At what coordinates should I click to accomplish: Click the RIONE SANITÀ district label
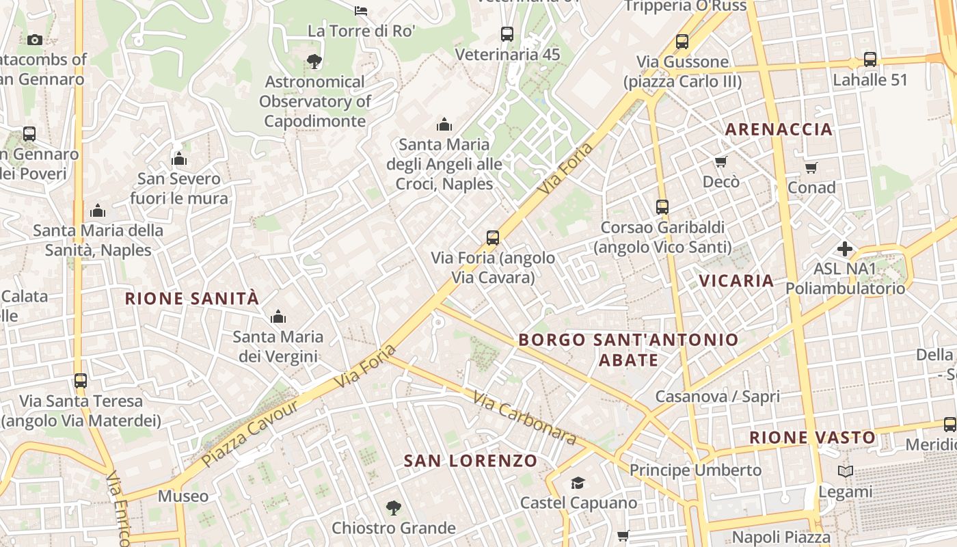(x=192, y=299)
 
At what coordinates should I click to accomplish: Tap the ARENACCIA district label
(x=779, y=129)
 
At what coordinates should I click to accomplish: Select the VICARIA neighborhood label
(x=736, y=280)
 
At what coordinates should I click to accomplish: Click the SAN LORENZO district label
(x=470, y=461)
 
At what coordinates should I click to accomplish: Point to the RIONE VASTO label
(x=812, y=438)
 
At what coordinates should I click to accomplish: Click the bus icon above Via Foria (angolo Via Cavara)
(x=493, y=238)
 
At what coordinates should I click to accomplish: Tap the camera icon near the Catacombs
(x=35, y=40)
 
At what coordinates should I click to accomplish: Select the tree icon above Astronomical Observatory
(x=314, y=62)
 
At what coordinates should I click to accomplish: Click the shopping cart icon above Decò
(x=721, y=162)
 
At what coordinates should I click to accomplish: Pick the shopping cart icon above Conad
(x=811, y=168)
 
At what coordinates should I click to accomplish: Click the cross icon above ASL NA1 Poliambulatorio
(x=845, y=249)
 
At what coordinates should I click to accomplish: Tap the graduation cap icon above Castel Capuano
(x=578, y=483)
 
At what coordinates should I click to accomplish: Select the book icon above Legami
(x=846, y=472)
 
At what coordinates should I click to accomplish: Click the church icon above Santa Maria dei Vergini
(x=278, y=317)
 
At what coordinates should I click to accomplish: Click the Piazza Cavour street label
(x=250, y=434)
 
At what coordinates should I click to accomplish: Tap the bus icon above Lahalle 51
(x=870, y=59)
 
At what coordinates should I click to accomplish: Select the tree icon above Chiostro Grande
(x=393, y=508)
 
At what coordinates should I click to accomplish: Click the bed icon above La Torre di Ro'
(x=361, y=10)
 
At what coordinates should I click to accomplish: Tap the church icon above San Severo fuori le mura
(x=179, y=159)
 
